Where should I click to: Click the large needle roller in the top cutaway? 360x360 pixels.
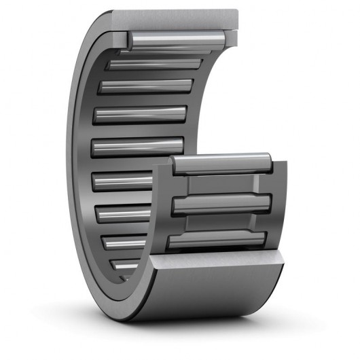point(178,39)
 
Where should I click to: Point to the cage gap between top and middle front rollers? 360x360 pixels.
point(221,184)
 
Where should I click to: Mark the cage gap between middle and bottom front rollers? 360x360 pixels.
point(221,222)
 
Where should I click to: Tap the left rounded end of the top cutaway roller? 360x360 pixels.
point(129,41)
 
